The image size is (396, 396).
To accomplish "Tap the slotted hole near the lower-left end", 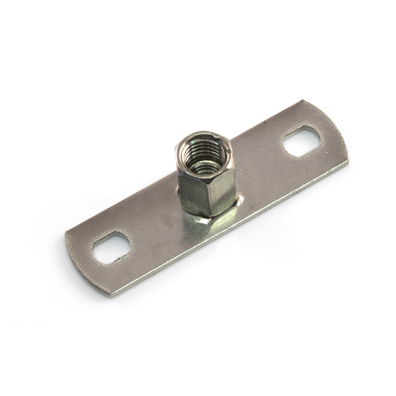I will (x=111, y=247).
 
